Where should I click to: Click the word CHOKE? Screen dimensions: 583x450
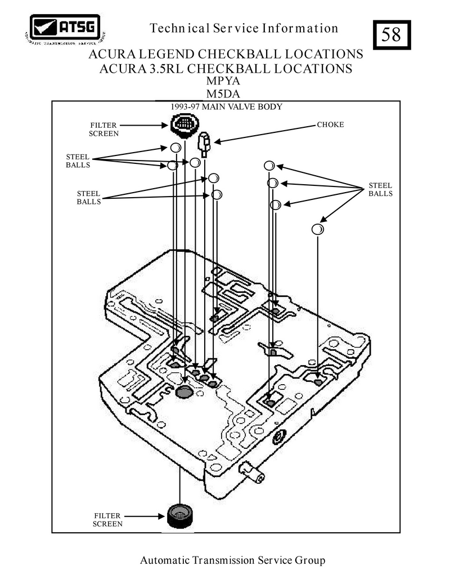click(x=330, y=124)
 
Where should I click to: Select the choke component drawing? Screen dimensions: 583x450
click(x=204, y=144)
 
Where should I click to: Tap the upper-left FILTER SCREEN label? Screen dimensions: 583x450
click(x=104, y=129)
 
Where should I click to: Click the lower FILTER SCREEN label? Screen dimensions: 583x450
click(x=108, y=519)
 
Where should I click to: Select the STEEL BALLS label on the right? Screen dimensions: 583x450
click(x=380, y=189)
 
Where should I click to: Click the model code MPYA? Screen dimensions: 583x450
click(x=223, y=82)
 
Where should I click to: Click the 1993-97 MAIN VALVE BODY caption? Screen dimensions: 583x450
click(x=226, y=106)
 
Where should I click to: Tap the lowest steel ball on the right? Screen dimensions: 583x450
click(x=318, y=229)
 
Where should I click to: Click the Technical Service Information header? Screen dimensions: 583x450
click(x=245, y=28)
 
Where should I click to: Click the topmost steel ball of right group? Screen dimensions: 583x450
click(x=269, y=166)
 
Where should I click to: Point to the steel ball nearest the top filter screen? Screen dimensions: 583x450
click(x=175, y=148)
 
